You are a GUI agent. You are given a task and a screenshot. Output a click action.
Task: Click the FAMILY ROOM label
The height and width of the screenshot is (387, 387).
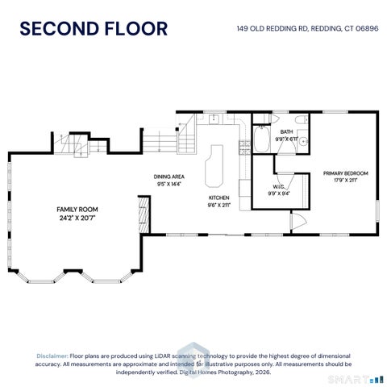click(77, 210)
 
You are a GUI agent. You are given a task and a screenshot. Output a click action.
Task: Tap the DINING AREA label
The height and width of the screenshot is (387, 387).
click(169, 177)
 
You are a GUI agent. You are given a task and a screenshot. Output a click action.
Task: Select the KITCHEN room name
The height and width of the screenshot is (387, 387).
click(219, 198)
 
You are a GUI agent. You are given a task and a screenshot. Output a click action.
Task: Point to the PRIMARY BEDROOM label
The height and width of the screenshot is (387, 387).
click(345, 173)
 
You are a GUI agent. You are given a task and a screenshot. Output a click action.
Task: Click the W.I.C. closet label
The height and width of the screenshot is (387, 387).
click(279, 187)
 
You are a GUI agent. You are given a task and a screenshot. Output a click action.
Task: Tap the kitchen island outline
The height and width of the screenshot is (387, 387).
click(214, 166)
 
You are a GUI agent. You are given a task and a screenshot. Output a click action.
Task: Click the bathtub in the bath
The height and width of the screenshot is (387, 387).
click(261, 139)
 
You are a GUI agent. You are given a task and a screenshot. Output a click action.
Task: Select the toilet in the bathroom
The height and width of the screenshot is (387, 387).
click(301, 119)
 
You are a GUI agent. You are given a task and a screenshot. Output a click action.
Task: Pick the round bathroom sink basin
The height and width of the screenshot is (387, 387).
click(304, 140)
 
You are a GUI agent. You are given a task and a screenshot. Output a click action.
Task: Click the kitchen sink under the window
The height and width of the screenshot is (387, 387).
click(214, 119)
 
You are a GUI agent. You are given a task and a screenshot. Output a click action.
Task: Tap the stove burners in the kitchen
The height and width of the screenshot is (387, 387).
click(244, 148)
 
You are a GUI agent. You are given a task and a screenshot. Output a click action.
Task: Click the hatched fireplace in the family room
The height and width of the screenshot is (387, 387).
click(144, 215)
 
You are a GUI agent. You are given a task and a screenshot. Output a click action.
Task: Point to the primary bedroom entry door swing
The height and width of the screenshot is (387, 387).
click(299, 222)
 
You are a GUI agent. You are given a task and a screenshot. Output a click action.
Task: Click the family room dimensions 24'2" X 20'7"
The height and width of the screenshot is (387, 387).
click(77, 218)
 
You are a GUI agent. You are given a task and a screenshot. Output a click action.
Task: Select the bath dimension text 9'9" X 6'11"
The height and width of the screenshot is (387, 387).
click(287, 139)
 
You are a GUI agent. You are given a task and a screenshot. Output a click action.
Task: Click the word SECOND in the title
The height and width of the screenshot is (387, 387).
click(60, 29)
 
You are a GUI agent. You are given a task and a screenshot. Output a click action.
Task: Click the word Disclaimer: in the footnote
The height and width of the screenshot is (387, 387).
click(52, 356)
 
